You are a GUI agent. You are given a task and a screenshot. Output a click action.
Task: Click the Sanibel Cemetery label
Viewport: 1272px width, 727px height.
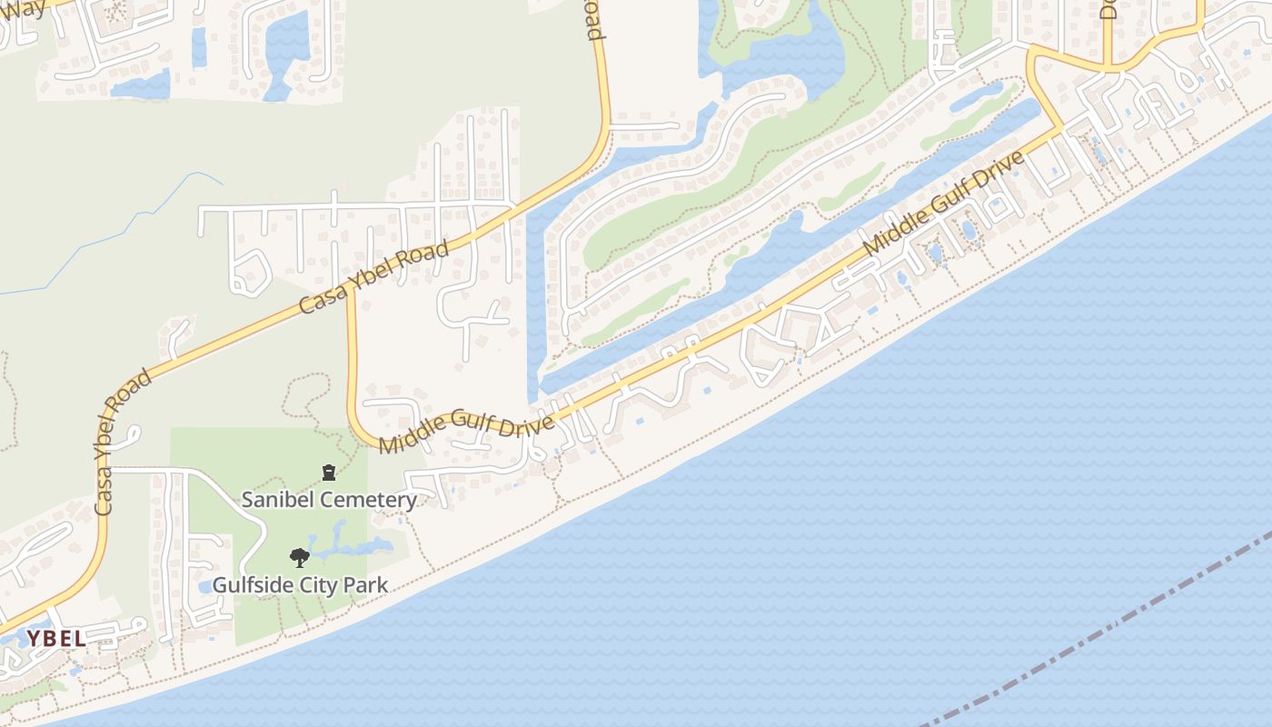(x=328, y=499)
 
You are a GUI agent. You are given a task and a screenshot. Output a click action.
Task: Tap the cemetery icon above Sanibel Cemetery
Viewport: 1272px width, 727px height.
(x=328, y=472)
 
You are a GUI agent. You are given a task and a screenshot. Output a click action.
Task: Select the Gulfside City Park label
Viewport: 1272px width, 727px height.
(x=300, y=584)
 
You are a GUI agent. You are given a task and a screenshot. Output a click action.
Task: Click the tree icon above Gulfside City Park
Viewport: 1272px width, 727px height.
(x=299, y=558)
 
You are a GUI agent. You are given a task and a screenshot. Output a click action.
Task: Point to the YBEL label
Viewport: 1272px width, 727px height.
(x=56, y=639)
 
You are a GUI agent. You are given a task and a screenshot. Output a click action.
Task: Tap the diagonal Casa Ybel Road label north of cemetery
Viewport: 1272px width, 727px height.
(x=374, y=277)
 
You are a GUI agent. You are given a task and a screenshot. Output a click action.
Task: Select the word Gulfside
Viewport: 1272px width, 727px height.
(x=252, y=584)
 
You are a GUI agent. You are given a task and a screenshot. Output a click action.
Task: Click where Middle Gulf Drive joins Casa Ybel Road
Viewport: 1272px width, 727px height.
(x=350, y=294)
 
